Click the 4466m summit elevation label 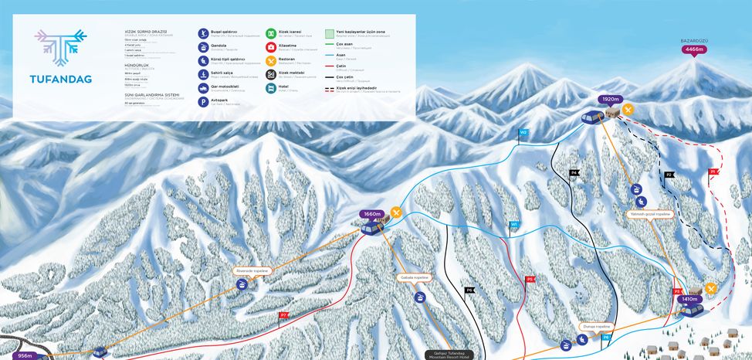click(x=693, y=49)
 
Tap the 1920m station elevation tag click(x=609, y=100)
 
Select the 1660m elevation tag click(x=372, y=214)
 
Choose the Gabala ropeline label click(x=415, y=277)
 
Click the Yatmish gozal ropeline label click(x=649, y=213)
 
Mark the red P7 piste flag click(x=283, y=315)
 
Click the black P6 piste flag click(x=469, y=290)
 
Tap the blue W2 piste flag click(x=523, y=133)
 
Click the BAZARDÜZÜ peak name click(x=693, y=39)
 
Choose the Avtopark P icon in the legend click(x=203, y=101)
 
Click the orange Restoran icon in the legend click(x=271, y=60)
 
